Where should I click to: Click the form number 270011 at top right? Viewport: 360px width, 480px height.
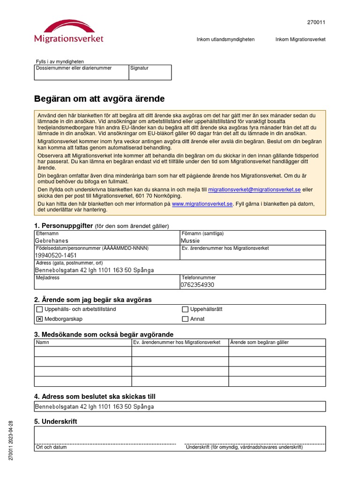tap(316, 22)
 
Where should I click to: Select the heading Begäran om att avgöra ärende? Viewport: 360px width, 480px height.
tap(99, 99)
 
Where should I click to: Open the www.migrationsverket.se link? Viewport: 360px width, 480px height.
tap(202, 204)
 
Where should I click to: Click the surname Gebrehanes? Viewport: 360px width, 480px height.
tap(52, 241)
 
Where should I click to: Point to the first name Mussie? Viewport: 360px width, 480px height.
tap(190, 241)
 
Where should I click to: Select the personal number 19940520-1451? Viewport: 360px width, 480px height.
tap(56, 255)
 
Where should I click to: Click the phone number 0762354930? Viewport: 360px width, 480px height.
tap(197, 285)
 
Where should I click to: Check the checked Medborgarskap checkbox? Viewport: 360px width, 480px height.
tap(40, 319)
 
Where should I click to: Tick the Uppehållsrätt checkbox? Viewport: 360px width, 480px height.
tap(185, 309)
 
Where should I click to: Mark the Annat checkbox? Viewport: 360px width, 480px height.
tap(185, 319)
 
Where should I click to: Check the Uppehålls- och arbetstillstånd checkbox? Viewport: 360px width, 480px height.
tap(40, 309)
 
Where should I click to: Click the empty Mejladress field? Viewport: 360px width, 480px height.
tap(107, 285)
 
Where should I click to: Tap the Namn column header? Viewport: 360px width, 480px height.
tap(43, 342)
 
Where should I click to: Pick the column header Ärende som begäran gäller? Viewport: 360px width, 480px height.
tap(259, 342)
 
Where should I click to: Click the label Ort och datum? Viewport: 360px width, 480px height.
tap(52, 447)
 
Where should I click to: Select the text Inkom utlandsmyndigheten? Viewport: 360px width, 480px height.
tap(225, 39)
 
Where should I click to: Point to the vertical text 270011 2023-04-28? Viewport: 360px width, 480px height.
tap(11, 440)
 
